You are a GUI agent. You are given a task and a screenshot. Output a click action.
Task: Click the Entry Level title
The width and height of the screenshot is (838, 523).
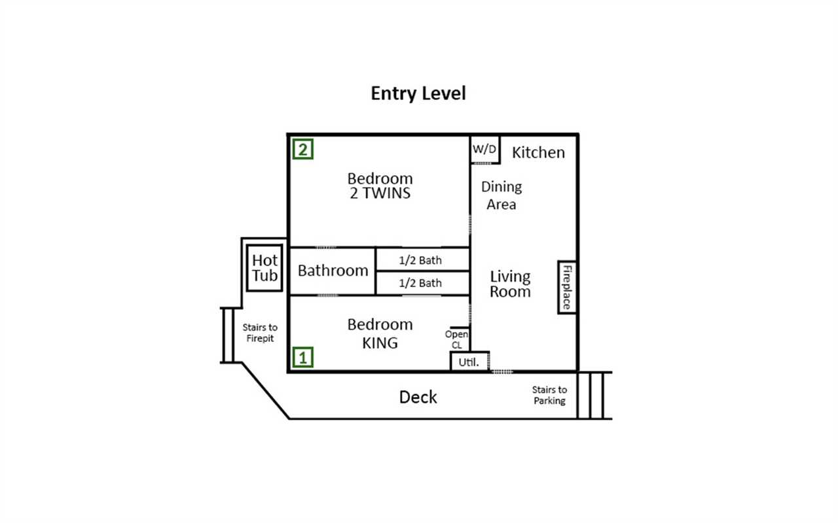tap(418, 93)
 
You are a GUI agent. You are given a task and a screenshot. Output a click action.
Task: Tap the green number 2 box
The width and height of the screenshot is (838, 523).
tap(302, 149)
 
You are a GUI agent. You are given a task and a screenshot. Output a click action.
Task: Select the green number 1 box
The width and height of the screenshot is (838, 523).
tap(302, 357)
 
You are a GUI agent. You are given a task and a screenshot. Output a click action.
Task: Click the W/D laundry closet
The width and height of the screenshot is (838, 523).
tap(485, 150)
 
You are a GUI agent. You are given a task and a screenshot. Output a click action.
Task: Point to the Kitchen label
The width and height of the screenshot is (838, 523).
tap(538, 152)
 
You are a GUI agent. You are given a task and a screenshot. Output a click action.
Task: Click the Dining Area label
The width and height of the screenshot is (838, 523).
tap(501, 195)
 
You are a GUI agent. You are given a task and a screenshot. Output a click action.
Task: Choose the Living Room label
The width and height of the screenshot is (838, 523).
tap(510, 284)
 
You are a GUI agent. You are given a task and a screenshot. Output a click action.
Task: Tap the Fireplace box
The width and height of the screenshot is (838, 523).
tap(567, 287)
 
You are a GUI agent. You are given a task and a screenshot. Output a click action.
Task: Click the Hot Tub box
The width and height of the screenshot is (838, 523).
tap(264, 268)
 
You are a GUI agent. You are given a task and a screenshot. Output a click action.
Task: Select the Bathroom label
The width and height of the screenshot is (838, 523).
tap(333, 271)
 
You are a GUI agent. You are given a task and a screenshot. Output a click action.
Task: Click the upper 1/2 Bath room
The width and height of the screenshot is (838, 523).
tap(422, 260)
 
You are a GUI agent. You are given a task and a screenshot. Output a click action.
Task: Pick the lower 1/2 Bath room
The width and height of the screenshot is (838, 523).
tap(422, 283)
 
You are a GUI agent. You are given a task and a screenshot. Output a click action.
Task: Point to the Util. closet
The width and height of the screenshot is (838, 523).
tap(469, 362)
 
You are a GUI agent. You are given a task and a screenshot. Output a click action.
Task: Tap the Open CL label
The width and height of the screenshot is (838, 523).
tap(456, 339)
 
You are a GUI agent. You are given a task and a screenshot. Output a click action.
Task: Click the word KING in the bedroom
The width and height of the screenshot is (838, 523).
tap(380, 343)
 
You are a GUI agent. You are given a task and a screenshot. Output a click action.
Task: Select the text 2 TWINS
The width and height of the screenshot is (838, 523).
tap(380, 193)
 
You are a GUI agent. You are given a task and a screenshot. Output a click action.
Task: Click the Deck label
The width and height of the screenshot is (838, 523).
tap(418, 397)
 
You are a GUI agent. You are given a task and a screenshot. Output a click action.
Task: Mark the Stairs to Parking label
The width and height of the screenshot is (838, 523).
tap(549, 396)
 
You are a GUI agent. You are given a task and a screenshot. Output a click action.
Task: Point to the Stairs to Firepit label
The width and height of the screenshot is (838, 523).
tap(260, 333)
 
